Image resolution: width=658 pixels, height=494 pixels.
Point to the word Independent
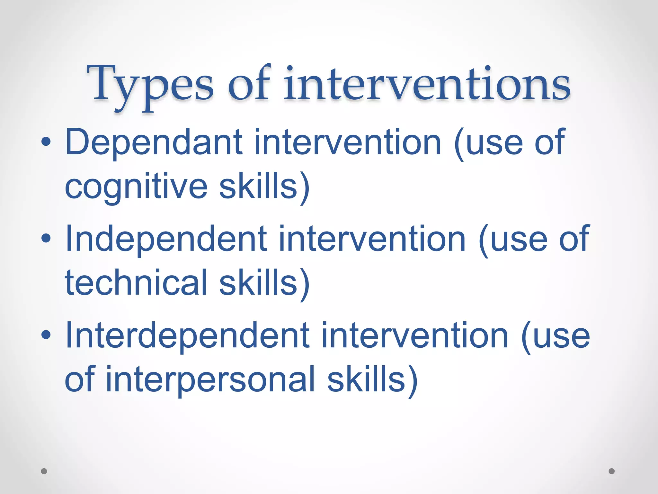tap(166, 239)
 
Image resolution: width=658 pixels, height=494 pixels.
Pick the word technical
tap(136, 283)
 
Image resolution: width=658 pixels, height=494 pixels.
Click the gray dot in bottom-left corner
tap(44, 471)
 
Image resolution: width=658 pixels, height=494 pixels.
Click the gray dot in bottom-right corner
tap(612, 471)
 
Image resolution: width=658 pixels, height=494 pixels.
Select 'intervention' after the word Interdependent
tap(414, 336)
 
